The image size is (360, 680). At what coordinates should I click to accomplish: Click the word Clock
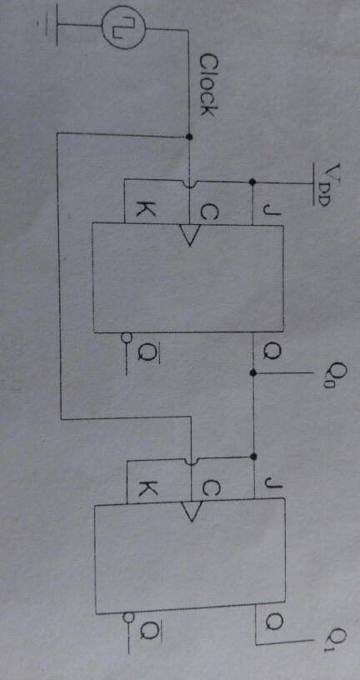207,85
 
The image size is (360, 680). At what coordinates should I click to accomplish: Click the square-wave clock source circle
124,27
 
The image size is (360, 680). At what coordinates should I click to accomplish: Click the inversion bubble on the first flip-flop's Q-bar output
126,337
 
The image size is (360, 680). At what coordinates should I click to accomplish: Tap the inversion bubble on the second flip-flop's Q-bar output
127,617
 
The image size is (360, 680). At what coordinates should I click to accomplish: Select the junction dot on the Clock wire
188,137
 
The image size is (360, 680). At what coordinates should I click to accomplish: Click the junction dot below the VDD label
252,182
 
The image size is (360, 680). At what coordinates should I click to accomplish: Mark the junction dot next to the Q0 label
253,372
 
